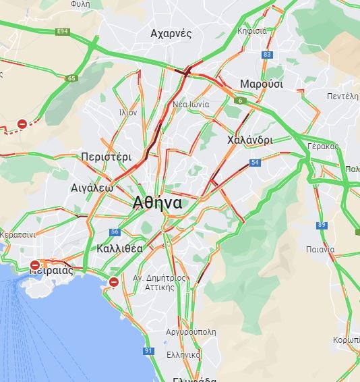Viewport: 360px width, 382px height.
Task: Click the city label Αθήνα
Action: [x=158, y=202]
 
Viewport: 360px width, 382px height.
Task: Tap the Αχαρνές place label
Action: [x=171, y=34]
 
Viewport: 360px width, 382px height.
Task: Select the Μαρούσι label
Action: [x=262, y=84]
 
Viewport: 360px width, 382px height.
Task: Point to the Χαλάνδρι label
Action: [x=250, y=140]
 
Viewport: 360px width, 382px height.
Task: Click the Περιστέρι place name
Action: [x=106, y=156]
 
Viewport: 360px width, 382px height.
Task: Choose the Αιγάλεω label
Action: [x=92, y=188]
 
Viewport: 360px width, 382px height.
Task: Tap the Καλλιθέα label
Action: [x=119, y=248]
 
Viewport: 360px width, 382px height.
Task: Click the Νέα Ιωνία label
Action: [x=191, y=105]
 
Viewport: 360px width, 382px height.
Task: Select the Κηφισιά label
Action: [x=252, y=31]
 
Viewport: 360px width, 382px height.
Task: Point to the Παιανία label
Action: [x=320, y=249]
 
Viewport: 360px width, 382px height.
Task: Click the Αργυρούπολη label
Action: [x=193, y=332]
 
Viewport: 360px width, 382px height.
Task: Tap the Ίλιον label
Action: [x=127, y=113]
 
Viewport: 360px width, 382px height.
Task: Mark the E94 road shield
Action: [x=63, y=32]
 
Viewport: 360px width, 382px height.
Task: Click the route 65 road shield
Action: [x=71, y=78]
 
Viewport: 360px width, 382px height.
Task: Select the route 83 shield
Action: [x=268, y=55]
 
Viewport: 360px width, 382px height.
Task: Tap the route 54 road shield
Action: [x=254, y=163]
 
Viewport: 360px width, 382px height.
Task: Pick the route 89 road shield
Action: [x=322, y=225]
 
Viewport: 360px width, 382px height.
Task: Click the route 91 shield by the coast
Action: [x=148, y=351]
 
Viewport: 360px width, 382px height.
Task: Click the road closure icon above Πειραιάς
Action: [x=35, y=265]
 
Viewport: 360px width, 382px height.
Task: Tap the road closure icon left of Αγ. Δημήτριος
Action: [x=114, y=281]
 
